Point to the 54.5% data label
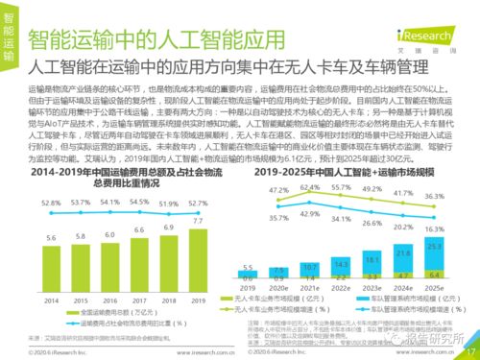139,202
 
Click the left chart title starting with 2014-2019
115,174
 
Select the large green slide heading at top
154,41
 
